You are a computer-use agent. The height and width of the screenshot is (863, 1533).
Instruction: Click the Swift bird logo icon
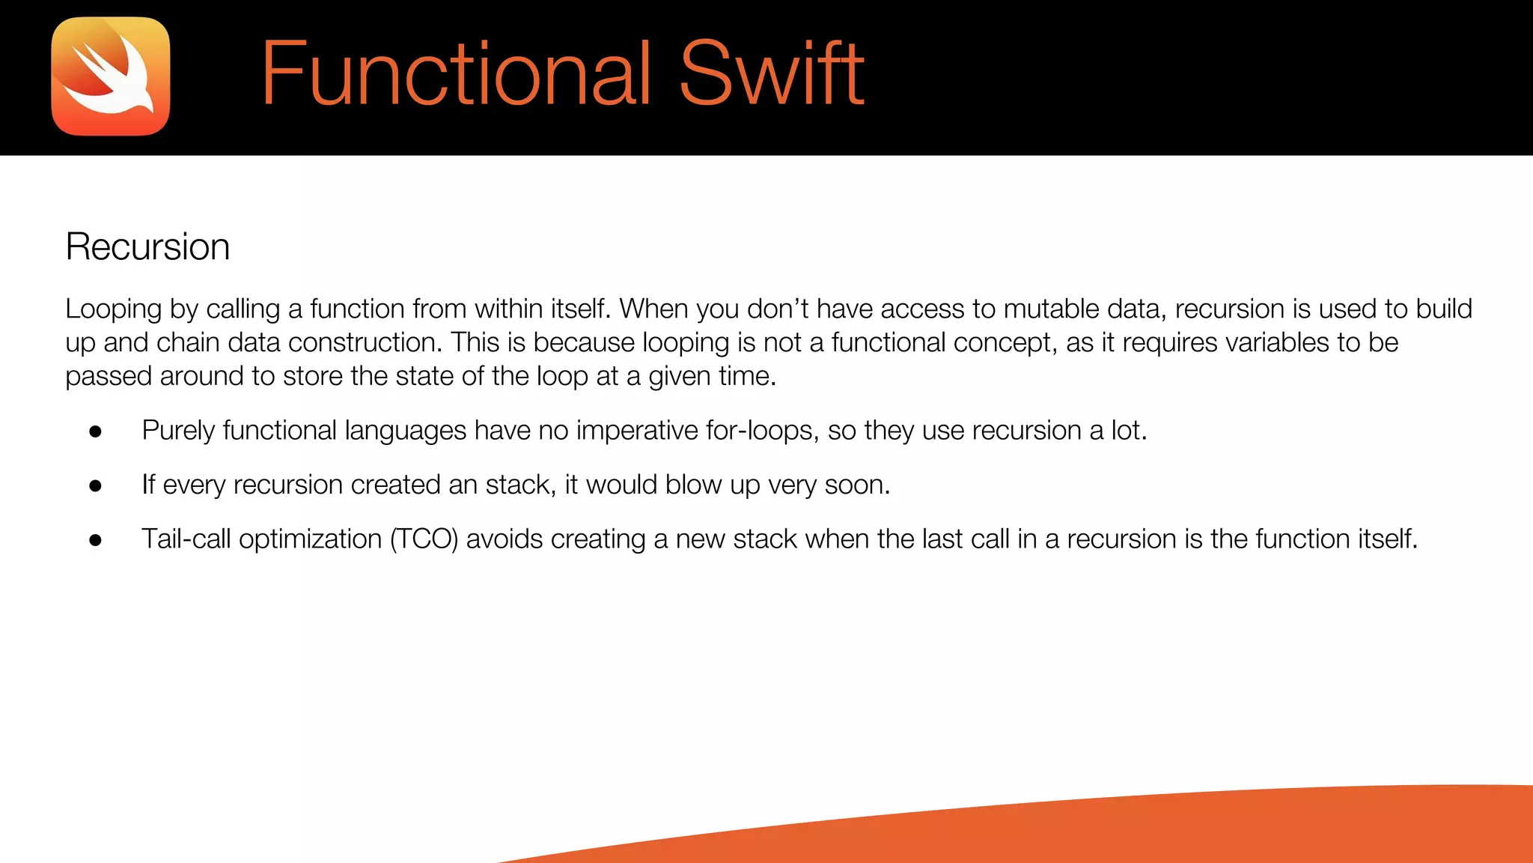(x=111, y=76)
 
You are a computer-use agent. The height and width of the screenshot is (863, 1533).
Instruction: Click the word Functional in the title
(x=456, y=75)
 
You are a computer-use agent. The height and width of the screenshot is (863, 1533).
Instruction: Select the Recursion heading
(x=147, y=246)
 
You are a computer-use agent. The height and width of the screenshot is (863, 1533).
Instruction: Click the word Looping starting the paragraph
(x=113, y=309)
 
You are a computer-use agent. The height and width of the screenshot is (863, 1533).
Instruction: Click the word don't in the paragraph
(x=777, y=309)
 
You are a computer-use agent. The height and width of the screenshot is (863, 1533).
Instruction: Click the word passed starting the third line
(x=109, y=376)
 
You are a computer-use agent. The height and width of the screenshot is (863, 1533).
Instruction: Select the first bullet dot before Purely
(x=95, y=431)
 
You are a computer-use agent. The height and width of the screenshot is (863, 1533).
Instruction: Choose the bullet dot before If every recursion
(x=95, y=486)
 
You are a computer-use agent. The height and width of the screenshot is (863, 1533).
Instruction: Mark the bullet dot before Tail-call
(x=95, y=540)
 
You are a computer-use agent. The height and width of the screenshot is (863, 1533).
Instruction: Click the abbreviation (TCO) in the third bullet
(x=424, y=539)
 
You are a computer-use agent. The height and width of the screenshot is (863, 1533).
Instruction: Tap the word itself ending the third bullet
(x=1387, y=539)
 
